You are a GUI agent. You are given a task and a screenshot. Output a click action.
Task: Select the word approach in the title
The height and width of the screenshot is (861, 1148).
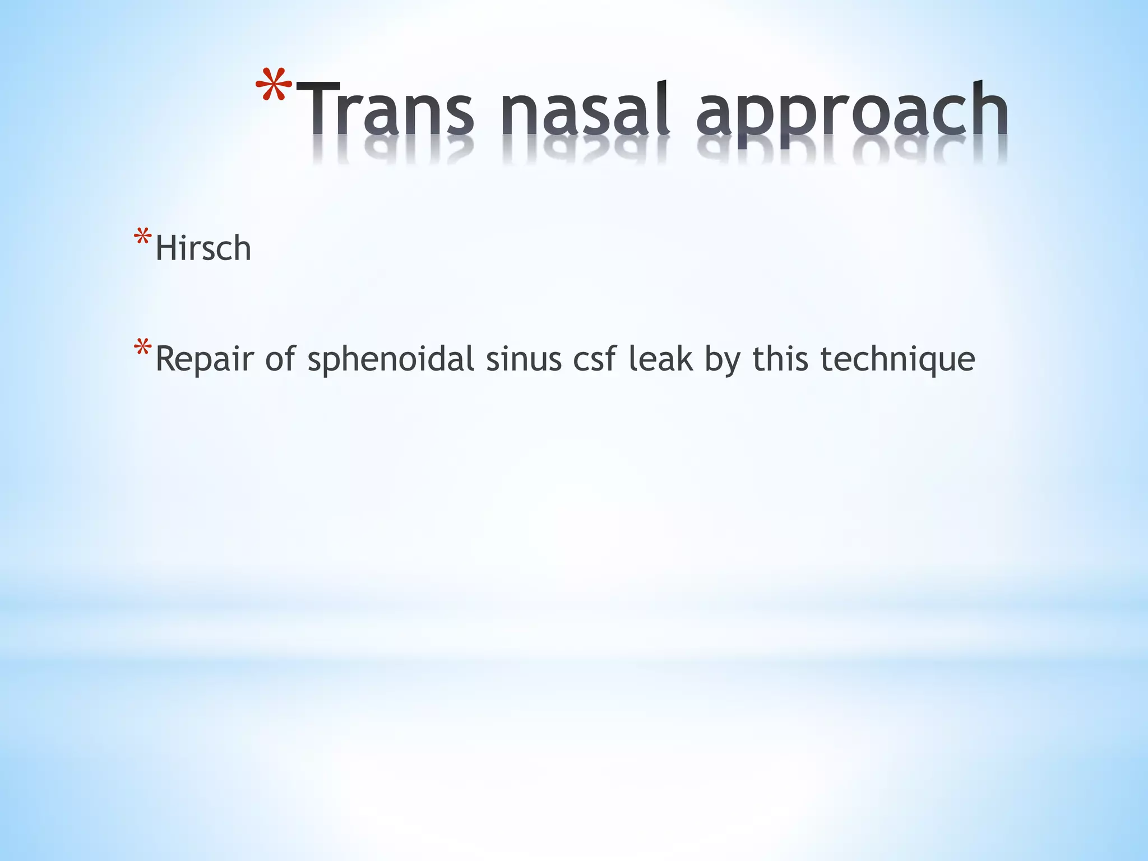(852, 112)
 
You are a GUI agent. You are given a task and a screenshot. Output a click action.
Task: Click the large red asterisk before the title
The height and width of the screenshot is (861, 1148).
(274, 87)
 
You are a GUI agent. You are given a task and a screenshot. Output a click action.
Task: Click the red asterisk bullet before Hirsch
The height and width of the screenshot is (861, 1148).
(142, 238)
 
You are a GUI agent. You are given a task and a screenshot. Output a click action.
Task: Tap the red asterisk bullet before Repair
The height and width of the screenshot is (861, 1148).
(142, 348)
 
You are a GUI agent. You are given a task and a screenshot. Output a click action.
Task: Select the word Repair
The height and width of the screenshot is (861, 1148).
(205, 360)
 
